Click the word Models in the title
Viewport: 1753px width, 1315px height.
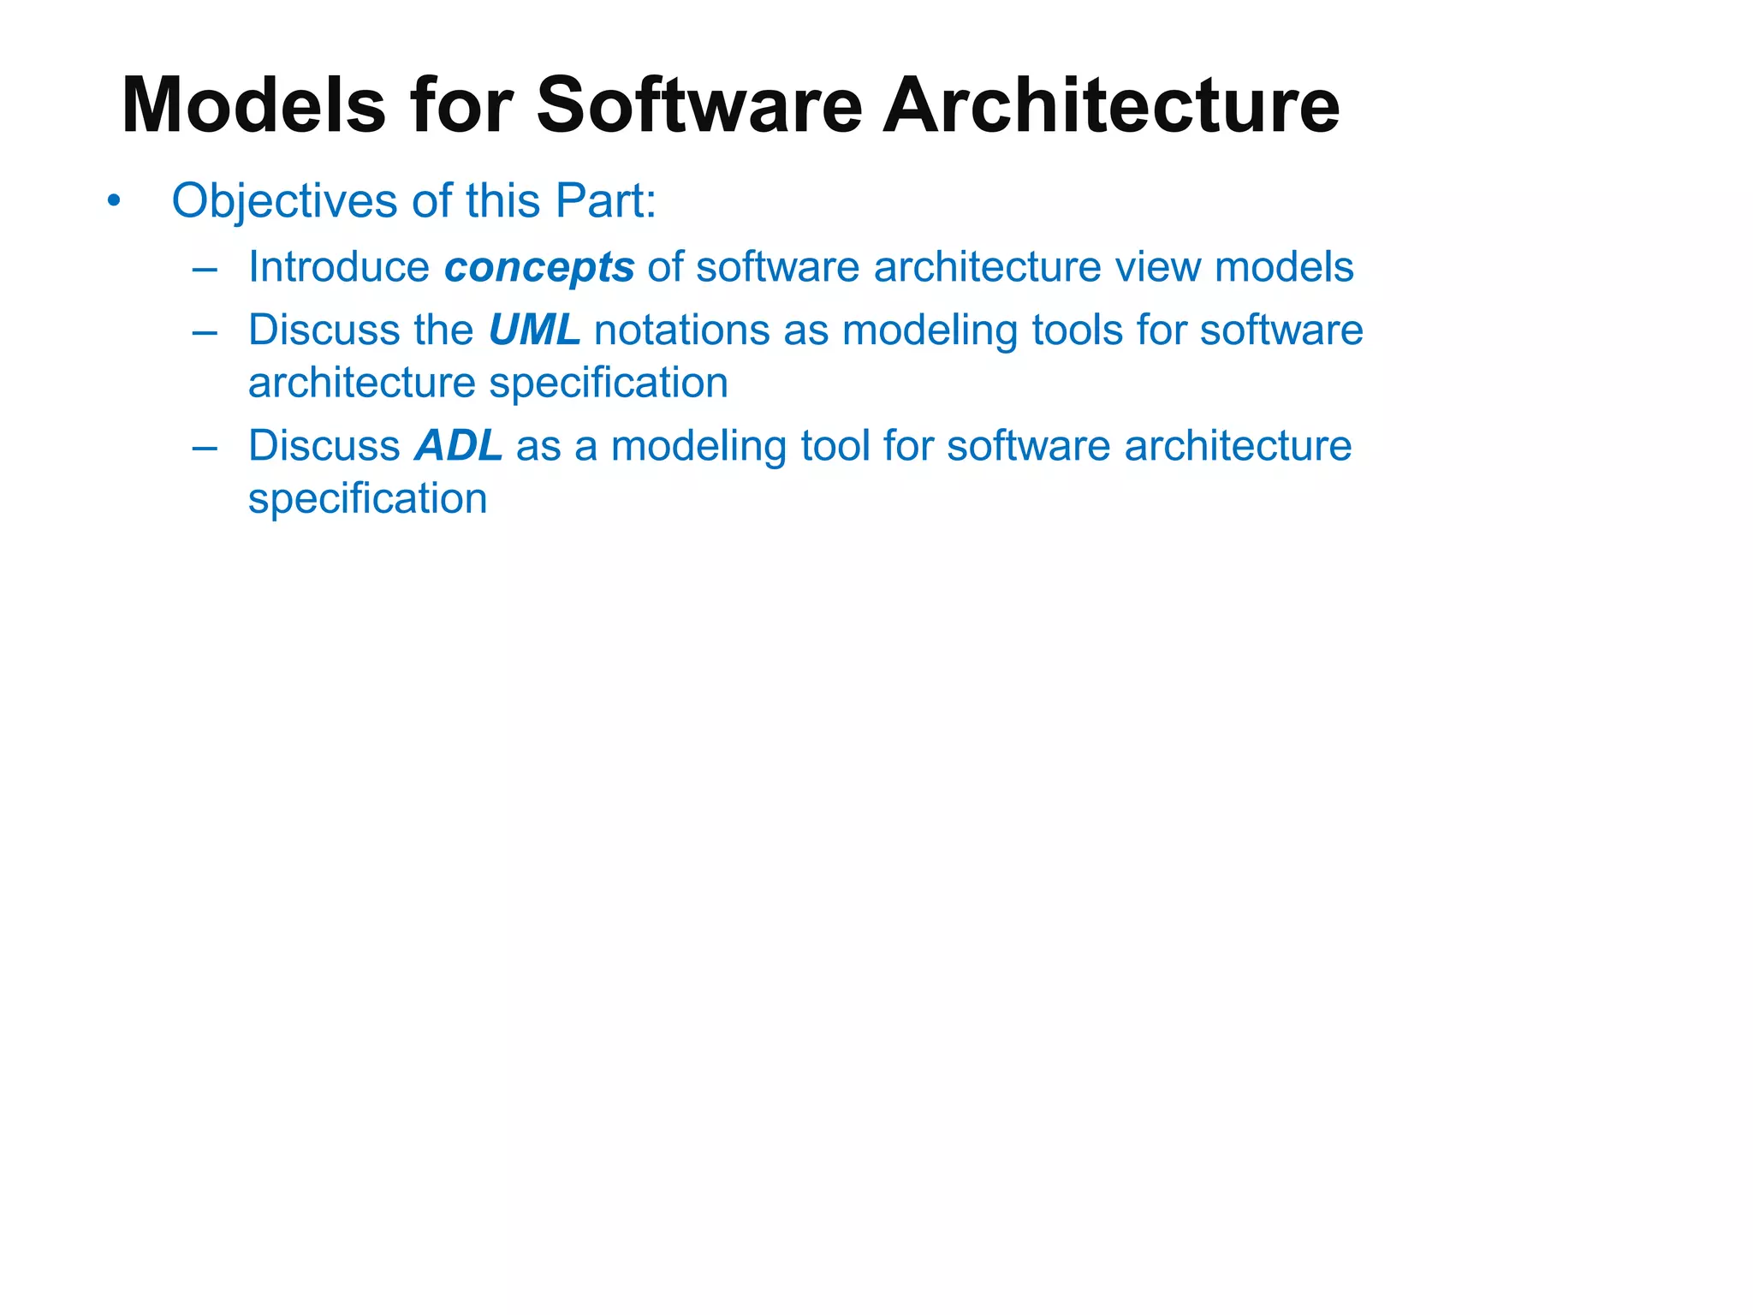tap(253, 105)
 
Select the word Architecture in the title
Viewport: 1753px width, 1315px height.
tap(1110, 105)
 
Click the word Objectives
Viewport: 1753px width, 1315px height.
tap(284, 202)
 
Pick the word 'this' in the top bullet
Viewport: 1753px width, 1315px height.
tap(502, 202)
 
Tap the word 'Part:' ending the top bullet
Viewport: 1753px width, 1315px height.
tap(606, 202)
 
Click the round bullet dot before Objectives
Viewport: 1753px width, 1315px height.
tap(113, 203)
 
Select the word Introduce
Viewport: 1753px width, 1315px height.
tap(339, 267)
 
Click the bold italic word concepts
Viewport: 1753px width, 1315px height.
tap(539, 268)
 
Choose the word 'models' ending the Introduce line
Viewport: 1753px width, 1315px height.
tap(1284, 267)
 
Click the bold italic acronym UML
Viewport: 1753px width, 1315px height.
tap(534, 330)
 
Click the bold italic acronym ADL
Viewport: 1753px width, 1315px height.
tap(459, 446)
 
